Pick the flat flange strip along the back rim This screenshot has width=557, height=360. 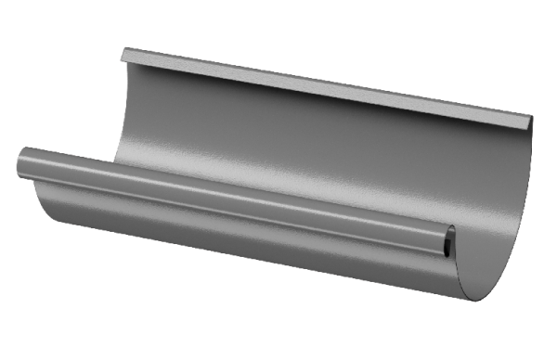click(x=325, y=88)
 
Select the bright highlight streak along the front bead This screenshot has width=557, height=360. click(x=232, y=192)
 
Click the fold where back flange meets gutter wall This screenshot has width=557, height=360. click(x=325, y=98)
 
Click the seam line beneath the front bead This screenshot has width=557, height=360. click(x=232, y=212)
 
